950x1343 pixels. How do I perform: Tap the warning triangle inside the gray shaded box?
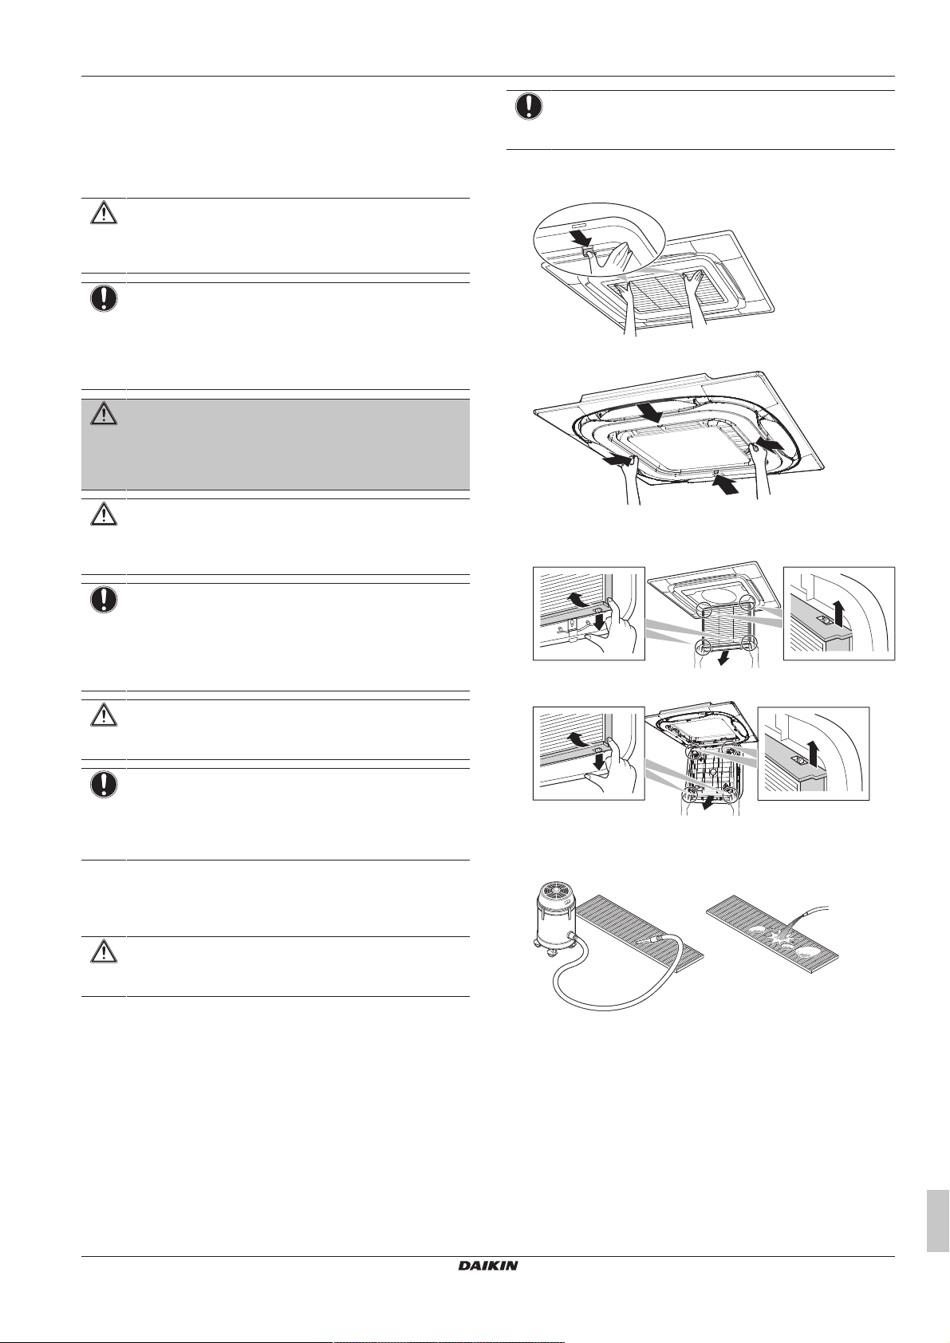coord(104,415)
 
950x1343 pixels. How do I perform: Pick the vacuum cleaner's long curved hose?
coord(600,983)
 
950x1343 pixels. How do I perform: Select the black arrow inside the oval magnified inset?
coord(581,239)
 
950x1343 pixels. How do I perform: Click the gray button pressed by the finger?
coord(587,251)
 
